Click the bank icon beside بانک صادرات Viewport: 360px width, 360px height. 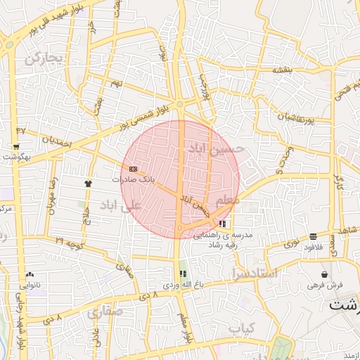coord(134,169)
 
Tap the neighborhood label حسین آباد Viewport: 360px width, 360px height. coord(215,148)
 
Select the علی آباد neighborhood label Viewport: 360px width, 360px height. coord(120,205)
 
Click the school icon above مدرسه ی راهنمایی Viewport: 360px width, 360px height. coord(223,223)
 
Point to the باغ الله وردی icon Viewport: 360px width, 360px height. coord(184,274)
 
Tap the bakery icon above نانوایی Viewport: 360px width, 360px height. coord(29,275)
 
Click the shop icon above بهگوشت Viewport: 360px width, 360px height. coord(16,147)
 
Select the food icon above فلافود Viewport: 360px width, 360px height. coord(312,236)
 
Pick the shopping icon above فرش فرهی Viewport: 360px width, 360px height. coord(324,274)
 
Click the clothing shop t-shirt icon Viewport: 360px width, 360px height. coord(88,183)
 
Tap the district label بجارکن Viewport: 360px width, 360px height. coord(44,58)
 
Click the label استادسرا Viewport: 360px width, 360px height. coord(253,272)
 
